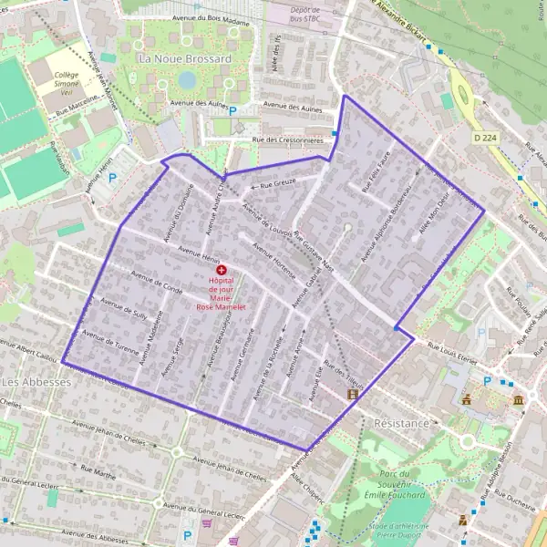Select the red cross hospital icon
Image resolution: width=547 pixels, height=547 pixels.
click(221, 271)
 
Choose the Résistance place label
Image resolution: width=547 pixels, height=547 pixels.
click(401, 424)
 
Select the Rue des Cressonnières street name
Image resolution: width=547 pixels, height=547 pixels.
click(288, 139)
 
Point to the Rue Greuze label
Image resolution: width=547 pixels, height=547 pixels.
click(277, 185)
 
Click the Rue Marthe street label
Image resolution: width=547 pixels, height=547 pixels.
click(99, 474)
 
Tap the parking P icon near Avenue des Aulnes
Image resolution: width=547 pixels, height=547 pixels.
click(232, 111)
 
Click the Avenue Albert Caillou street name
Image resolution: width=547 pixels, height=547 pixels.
click(27, 350)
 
